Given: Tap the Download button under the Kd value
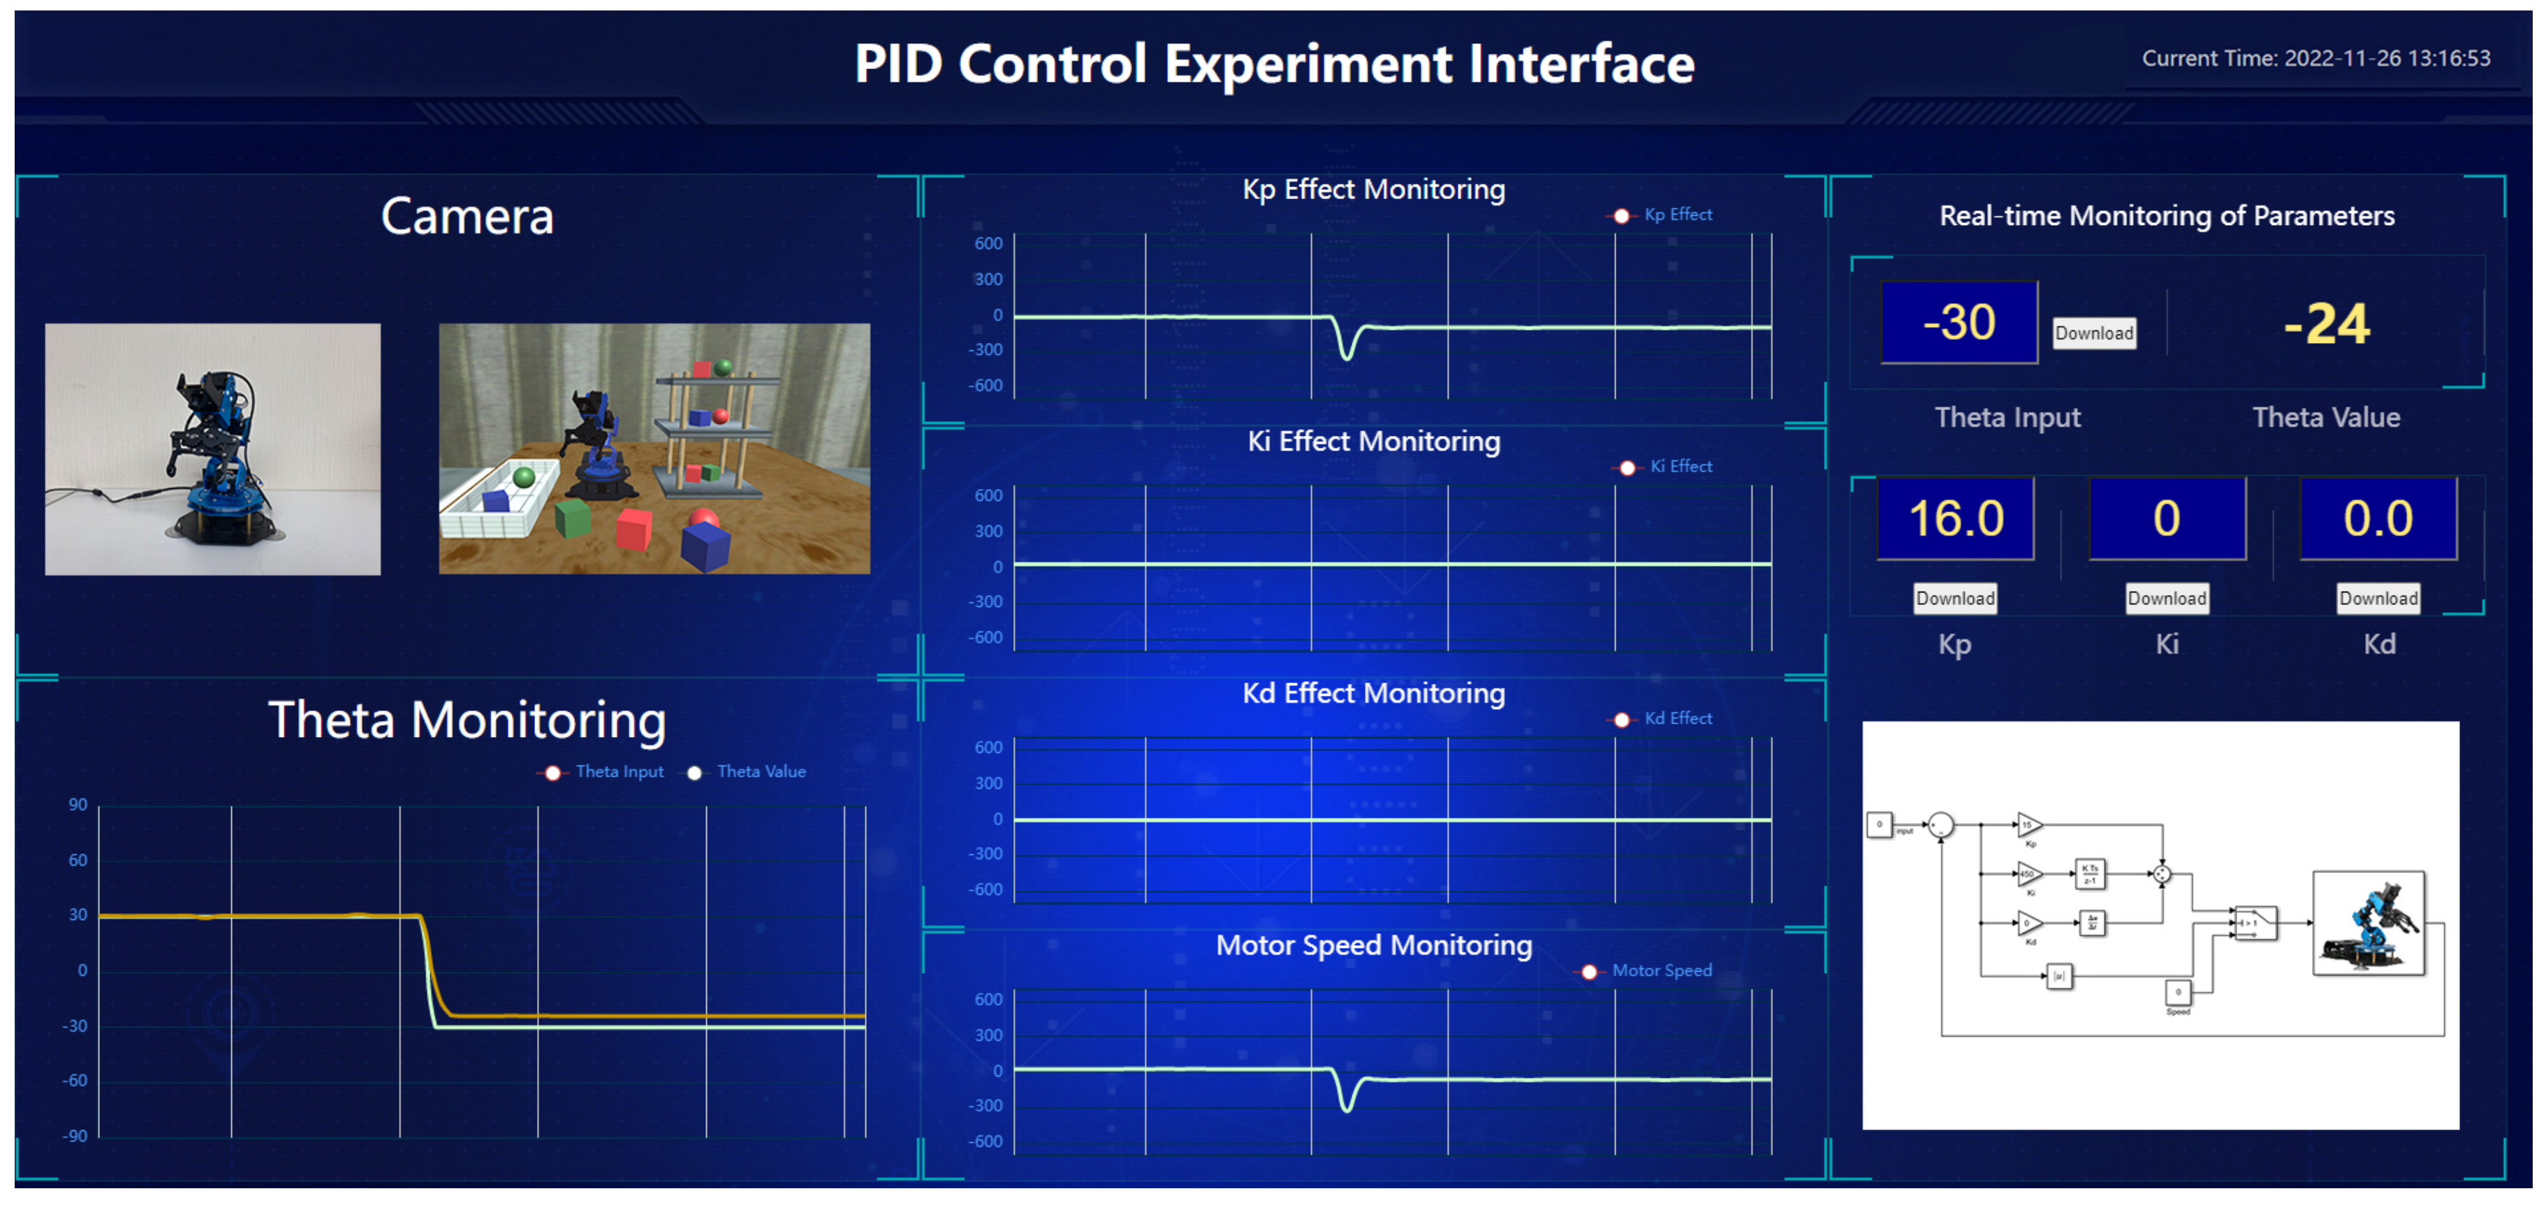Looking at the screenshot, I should coord(2377,598).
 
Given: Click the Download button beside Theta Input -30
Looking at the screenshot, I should coord(2093,333).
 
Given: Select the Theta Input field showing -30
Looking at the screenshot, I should coord(1958,322).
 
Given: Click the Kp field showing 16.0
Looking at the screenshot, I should coord(1955,519).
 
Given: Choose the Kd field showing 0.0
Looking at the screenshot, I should coord(2377,519).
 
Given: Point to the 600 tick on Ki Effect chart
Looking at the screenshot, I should coord(988,495).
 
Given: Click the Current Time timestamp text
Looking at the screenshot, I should coord(2315,58).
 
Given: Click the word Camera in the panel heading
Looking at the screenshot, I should coord(467,217).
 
